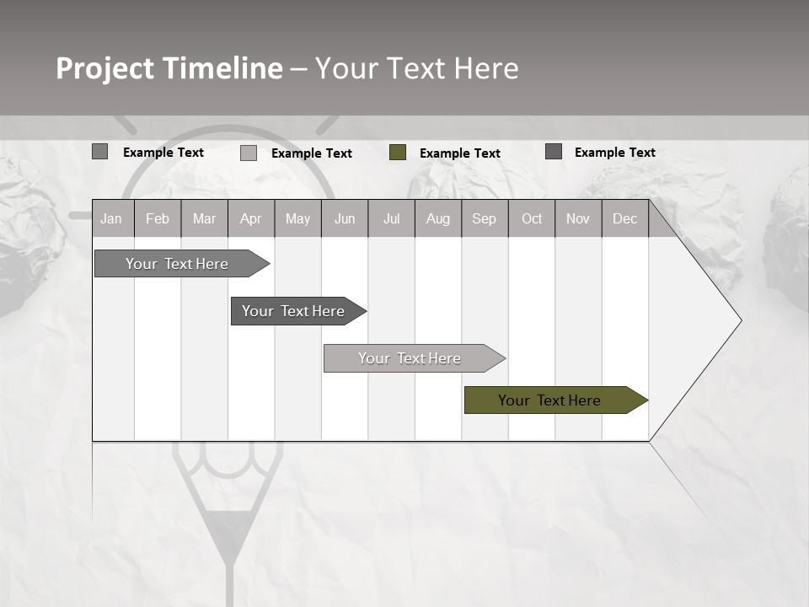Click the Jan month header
[111, 218]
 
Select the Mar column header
[204, 218]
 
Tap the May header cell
[297, 218]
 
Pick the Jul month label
[391, 218]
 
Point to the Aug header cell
[438, 218]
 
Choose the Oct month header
[532, 218]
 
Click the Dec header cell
[624, 218]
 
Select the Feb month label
[158, 218]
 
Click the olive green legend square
[398, 153]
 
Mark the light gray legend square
[249, 153]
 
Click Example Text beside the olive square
[460, 153]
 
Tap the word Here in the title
[486, 68]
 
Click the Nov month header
[578, 218]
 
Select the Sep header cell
[484, 218]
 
